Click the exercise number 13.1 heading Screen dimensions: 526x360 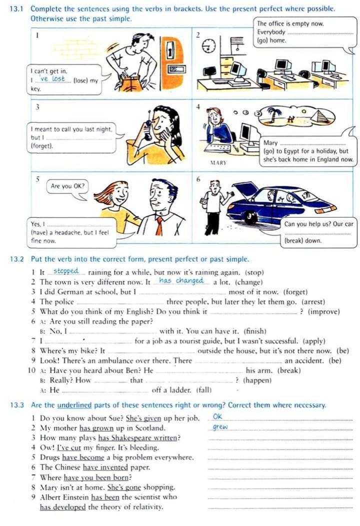19,9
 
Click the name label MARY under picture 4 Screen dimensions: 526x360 218,163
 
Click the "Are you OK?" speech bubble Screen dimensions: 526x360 67,187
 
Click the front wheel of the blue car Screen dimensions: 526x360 251,217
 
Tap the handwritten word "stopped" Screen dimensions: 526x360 66,271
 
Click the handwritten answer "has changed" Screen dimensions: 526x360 181,281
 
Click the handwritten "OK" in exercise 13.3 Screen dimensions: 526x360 217,417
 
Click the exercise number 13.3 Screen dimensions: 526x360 19,405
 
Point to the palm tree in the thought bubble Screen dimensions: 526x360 274,116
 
